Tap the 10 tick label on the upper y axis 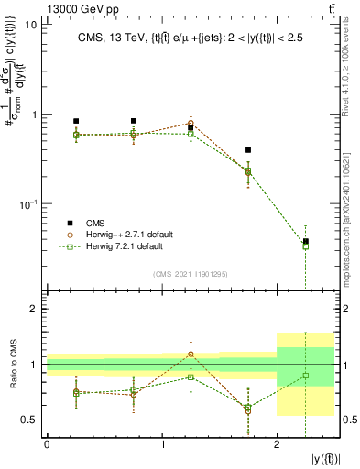click(x=30, y=25)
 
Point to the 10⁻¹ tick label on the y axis click(x=27, y=204)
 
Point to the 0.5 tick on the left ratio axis click(x=31, y=420)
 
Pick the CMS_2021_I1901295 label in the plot click(x=190, y=274)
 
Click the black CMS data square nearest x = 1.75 click(x=248, y=150)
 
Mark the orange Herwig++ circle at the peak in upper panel click(x=191, y=122)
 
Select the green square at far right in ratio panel click(x=306, y=376)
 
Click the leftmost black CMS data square click(x=76, y=121)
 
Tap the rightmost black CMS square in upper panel click(x=306, y=241)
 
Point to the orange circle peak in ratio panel click(x=191, y=354)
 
